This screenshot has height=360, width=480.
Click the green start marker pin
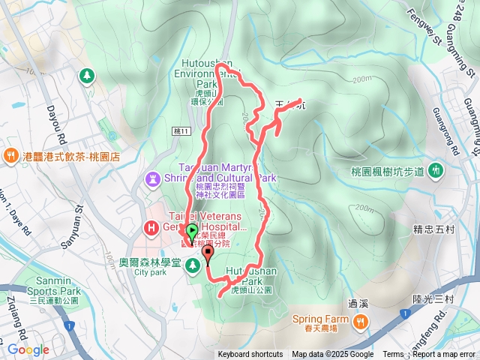point(191,232)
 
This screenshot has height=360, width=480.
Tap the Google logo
point(28,349)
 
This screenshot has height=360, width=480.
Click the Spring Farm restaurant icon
point(361,321)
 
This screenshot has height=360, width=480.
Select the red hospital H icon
point(151,226)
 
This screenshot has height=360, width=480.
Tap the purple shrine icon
point(154,179)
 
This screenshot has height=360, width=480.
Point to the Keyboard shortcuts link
point(250,355)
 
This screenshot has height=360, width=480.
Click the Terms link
point(393,355)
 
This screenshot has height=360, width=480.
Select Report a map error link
point(444,355)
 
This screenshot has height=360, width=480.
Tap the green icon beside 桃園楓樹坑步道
point(436,172)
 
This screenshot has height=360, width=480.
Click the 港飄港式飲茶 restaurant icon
point(10,156)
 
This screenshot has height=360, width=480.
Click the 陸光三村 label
point(433,299)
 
